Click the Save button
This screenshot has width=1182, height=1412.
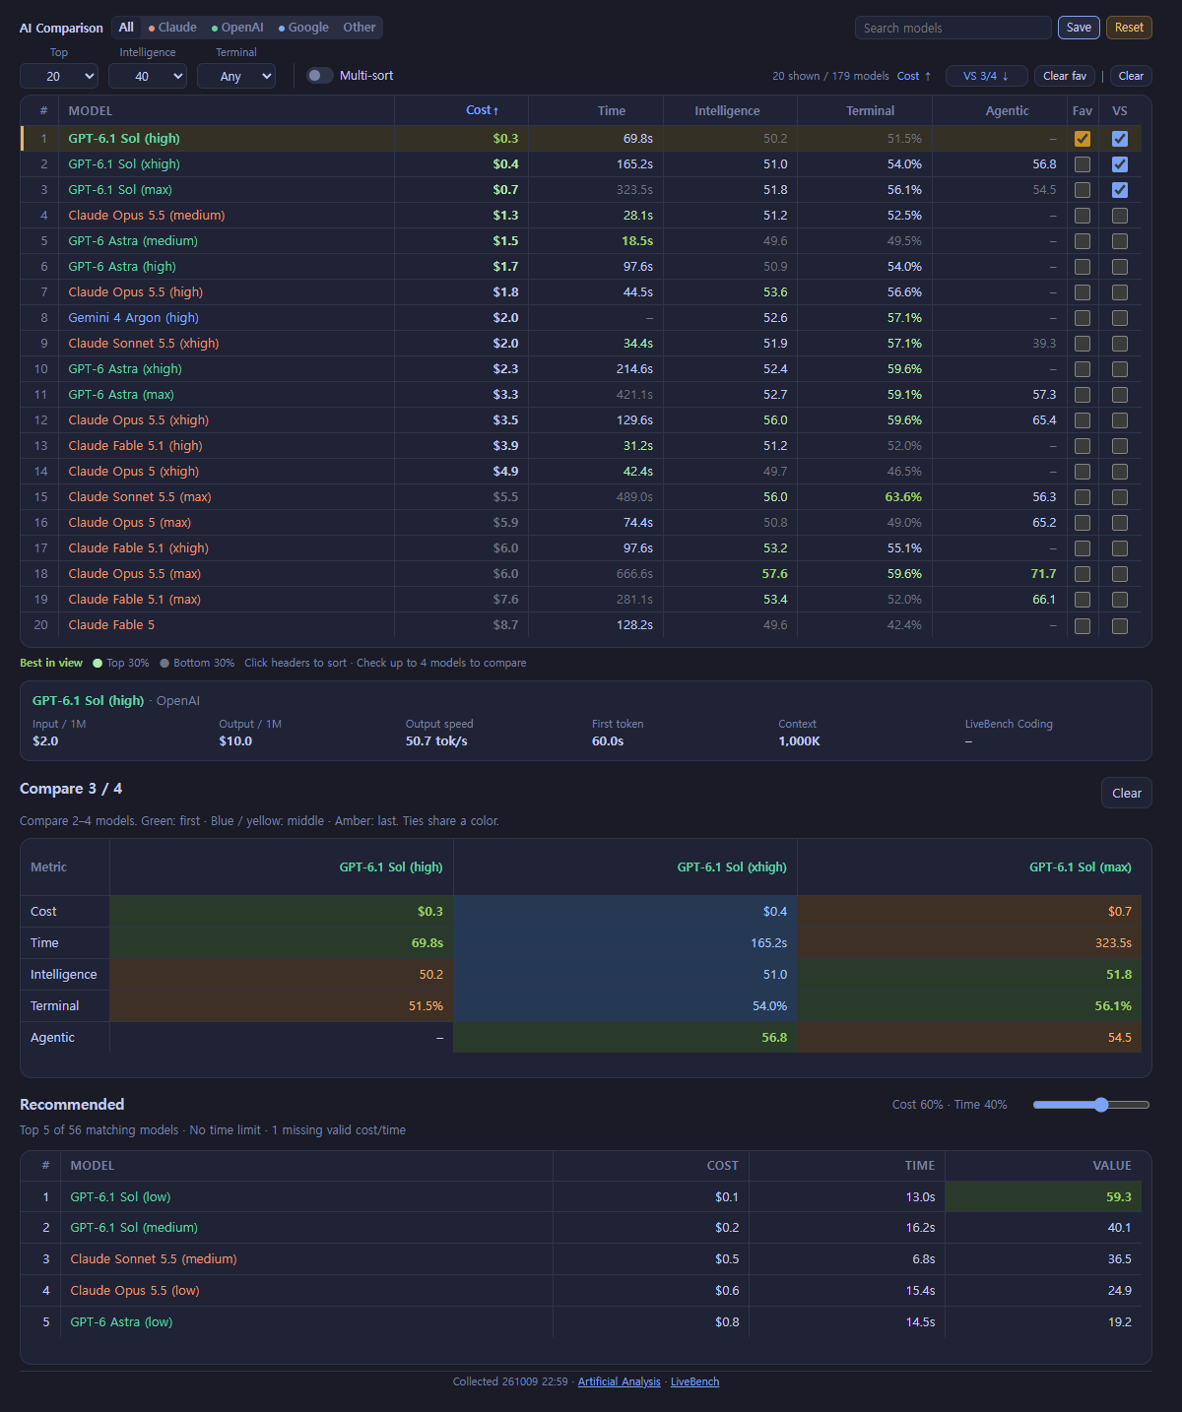tap(1079, 28)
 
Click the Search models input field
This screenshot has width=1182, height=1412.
tap(952, 28)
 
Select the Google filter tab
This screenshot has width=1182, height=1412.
tap(303, 28)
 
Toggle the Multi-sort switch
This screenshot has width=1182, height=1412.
tap(319, 76)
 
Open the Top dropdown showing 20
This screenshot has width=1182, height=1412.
tap(59, 77)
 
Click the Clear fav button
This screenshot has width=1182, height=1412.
tap(1064, 76)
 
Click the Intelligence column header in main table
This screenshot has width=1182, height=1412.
tap(727, 111)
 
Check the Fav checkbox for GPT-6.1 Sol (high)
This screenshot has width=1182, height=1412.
tap(1082, 139)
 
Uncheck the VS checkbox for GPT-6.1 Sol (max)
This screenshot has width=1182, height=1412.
tap(1120, 190)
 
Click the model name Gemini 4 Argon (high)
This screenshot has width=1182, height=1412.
tap(133, 318)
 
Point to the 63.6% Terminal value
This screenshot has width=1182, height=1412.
tap(903, 497)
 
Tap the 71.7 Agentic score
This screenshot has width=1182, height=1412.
tap(1043, 573)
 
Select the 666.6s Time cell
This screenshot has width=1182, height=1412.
tap(634, 573)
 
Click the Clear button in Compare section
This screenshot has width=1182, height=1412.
tap(1127, 794)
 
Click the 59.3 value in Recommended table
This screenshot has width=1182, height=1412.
tap(1118, 1197)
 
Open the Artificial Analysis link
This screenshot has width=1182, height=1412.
tap(619, 1381)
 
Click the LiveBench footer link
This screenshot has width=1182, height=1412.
tap(694, 1381)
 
